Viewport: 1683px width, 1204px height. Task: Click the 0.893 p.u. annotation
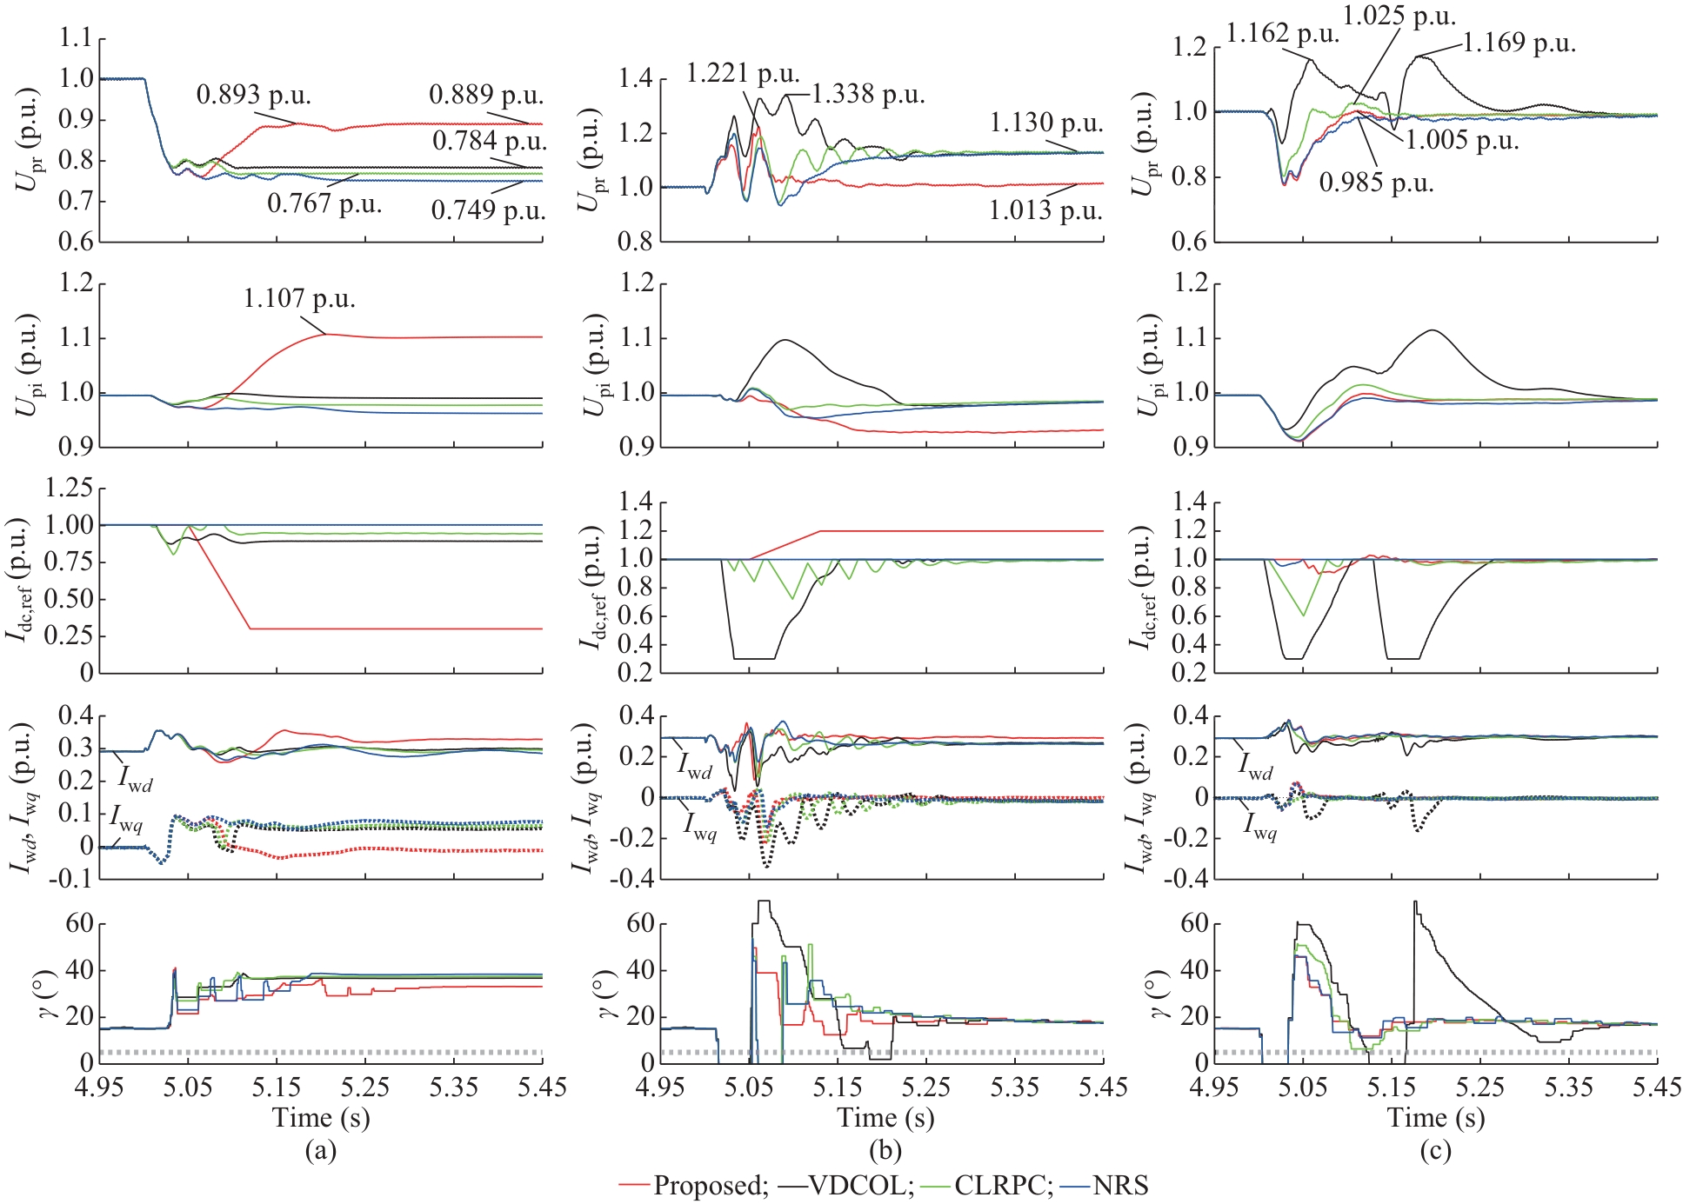[x=253, y=94]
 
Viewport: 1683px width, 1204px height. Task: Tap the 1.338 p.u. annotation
[x=868, y=94]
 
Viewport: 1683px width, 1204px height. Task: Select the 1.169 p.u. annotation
[x=1519, y=43]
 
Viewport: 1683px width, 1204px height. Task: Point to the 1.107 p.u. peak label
[x=299, y=299]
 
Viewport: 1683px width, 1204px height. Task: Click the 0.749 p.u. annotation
[x=488, y=210]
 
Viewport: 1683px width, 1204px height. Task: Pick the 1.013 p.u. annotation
[x=1045, y=210]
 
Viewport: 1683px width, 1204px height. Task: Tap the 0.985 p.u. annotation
[x=1376, y=183]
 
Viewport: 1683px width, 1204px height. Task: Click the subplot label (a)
[x=320, y=1151]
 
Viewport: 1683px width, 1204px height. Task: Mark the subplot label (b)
[x=885, y=1151]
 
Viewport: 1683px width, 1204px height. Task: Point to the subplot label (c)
[x=1435, y=1151]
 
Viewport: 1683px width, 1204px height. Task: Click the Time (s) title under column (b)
[x=885, y=1118]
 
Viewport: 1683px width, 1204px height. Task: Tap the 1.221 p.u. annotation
[x=743, y=74]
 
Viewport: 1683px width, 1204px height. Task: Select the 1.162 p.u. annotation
[x=1282, y=34]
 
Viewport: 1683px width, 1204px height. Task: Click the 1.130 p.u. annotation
[x=1046, y=123]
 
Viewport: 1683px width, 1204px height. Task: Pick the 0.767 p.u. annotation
[x=324, y=203]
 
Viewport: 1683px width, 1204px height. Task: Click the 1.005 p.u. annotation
[x=1462, y=140]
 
